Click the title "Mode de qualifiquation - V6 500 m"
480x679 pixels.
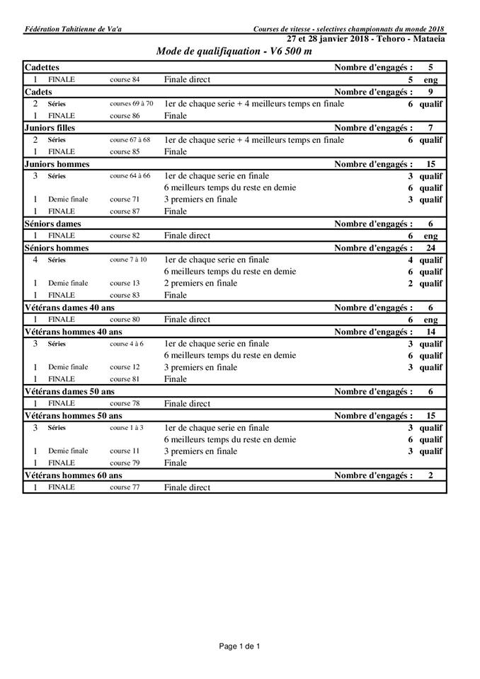(x=234, y=52)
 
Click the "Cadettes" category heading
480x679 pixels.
(x=42, y=67)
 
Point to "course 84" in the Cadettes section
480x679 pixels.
(x=125, y=80)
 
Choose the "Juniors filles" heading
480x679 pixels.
(x=50, y=128)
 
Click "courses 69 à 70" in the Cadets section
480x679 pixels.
(x=131, y=104)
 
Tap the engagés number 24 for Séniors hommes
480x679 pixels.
(x=430, y=248)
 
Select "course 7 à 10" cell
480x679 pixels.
(x=128, y=260)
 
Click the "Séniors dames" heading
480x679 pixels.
(x=52, y=224)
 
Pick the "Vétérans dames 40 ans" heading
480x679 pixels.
(x=69, y=308)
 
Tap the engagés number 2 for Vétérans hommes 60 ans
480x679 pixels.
(x=430, y=475)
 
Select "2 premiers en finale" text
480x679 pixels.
(x=200, y=284)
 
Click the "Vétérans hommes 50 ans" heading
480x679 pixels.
(x=73, y=415)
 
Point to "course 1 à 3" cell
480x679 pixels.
(x=127, y=428)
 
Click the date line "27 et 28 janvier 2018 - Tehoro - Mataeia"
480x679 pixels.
(x=366, y=38)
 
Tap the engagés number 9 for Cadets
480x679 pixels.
(x=430, y=92)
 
